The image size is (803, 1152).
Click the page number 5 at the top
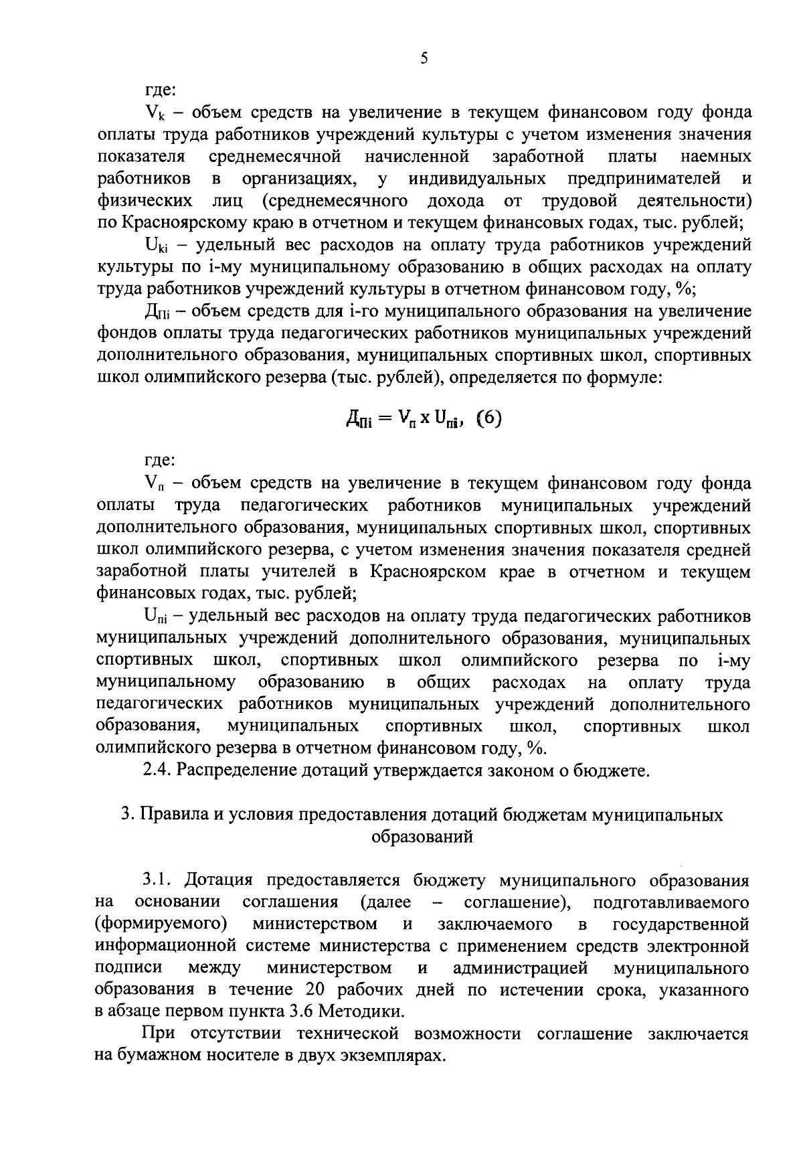tap(424, 58)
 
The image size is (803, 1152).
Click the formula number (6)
tap(488, 419)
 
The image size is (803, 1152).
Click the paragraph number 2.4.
tap(158, 770)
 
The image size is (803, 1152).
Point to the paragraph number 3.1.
tap(158, 880)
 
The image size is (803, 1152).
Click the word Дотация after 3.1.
tap(218, 880)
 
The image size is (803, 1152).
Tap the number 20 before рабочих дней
tap(316, 989)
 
